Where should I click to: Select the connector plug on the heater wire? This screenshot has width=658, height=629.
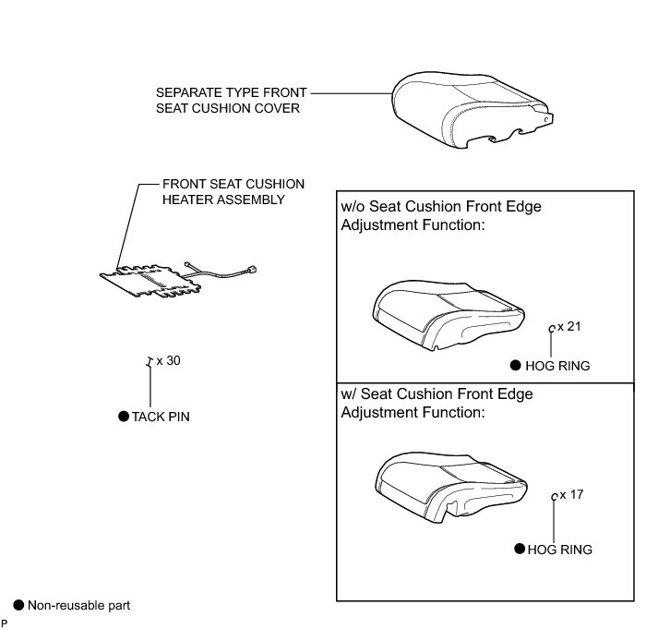[251, 271]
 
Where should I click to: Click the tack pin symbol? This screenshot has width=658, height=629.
[149, 362]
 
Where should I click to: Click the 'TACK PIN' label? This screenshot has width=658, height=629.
[161, 417]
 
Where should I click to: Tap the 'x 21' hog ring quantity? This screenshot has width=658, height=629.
[569, 327]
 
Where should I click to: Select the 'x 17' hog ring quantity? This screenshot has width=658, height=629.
[571, 495]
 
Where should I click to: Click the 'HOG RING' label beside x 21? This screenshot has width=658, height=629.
[556, 366]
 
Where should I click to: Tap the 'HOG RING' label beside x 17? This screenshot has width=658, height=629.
[559, 550]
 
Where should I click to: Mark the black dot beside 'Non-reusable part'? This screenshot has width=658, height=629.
[18, 605]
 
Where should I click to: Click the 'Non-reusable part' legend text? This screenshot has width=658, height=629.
[78, 606]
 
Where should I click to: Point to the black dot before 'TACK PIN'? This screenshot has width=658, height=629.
[124, 417]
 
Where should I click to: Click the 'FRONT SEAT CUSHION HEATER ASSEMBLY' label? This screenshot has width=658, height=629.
[233, 191]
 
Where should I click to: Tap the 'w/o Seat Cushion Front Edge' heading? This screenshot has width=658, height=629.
[441, 206]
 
